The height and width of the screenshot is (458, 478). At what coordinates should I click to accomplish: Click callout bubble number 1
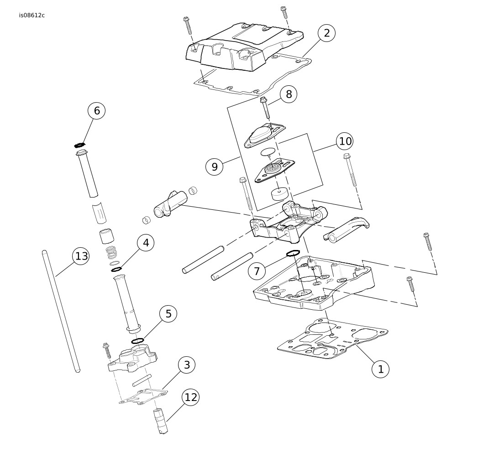(x=380, y=369)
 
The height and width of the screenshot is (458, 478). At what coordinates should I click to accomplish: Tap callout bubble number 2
(x=326, y=33)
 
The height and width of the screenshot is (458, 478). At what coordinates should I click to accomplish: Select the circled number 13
(x=81, y=256)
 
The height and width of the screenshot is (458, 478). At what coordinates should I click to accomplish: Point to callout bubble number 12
(x=191, y=397)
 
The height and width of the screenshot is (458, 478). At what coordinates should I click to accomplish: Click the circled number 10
(x=345, y=141)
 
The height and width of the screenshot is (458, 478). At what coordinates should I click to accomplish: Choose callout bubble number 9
(x=215, y=167)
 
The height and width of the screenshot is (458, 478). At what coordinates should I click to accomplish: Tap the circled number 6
(x=97, y=110)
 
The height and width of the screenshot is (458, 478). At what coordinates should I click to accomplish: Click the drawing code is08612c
(x=32, y=16)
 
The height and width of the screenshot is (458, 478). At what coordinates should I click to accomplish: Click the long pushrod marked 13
(x=61, y=311)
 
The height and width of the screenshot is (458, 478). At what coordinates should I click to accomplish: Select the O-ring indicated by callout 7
(x=293, y=253)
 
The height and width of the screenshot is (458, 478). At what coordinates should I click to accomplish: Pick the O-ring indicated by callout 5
(x=137, y=340)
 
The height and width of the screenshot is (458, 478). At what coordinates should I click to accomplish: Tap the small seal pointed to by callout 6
(x=79, y=145)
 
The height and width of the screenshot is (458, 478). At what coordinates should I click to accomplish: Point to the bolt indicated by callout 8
(x=265, y=108)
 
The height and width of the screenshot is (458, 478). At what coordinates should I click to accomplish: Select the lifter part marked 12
(x=160, y=422)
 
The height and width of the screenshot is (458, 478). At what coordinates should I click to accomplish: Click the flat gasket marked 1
(x=332, y=338)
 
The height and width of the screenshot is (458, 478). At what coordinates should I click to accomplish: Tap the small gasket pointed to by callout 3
(x=143, y=397)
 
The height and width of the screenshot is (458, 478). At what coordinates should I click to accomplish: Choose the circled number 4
(x=146, y=243)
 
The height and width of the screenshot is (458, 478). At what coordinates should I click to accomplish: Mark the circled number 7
(x=257, y=271)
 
